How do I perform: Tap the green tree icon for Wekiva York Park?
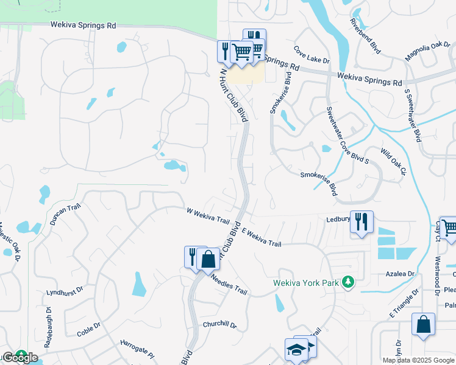pyautogui.click(x=347, y=282)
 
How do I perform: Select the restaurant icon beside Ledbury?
pyautogui.click(x=362, y=222)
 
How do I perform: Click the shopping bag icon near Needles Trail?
pyautogui.click(x=208, y=258)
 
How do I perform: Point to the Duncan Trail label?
pyautogui.click(x=65, y=214)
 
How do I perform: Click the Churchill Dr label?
pyautogui.click(x=219, y=324)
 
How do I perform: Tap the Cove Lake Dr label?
pyautogui.click(x=311, y=56)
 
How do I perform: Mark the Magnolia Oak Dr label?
pyautogui.click(x=427, y=51)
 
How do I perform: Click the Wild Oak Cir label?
pyautogui.click(x=393, y=162)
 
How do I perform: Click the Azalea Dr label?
pyautogui.click(x=401, y=274)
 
